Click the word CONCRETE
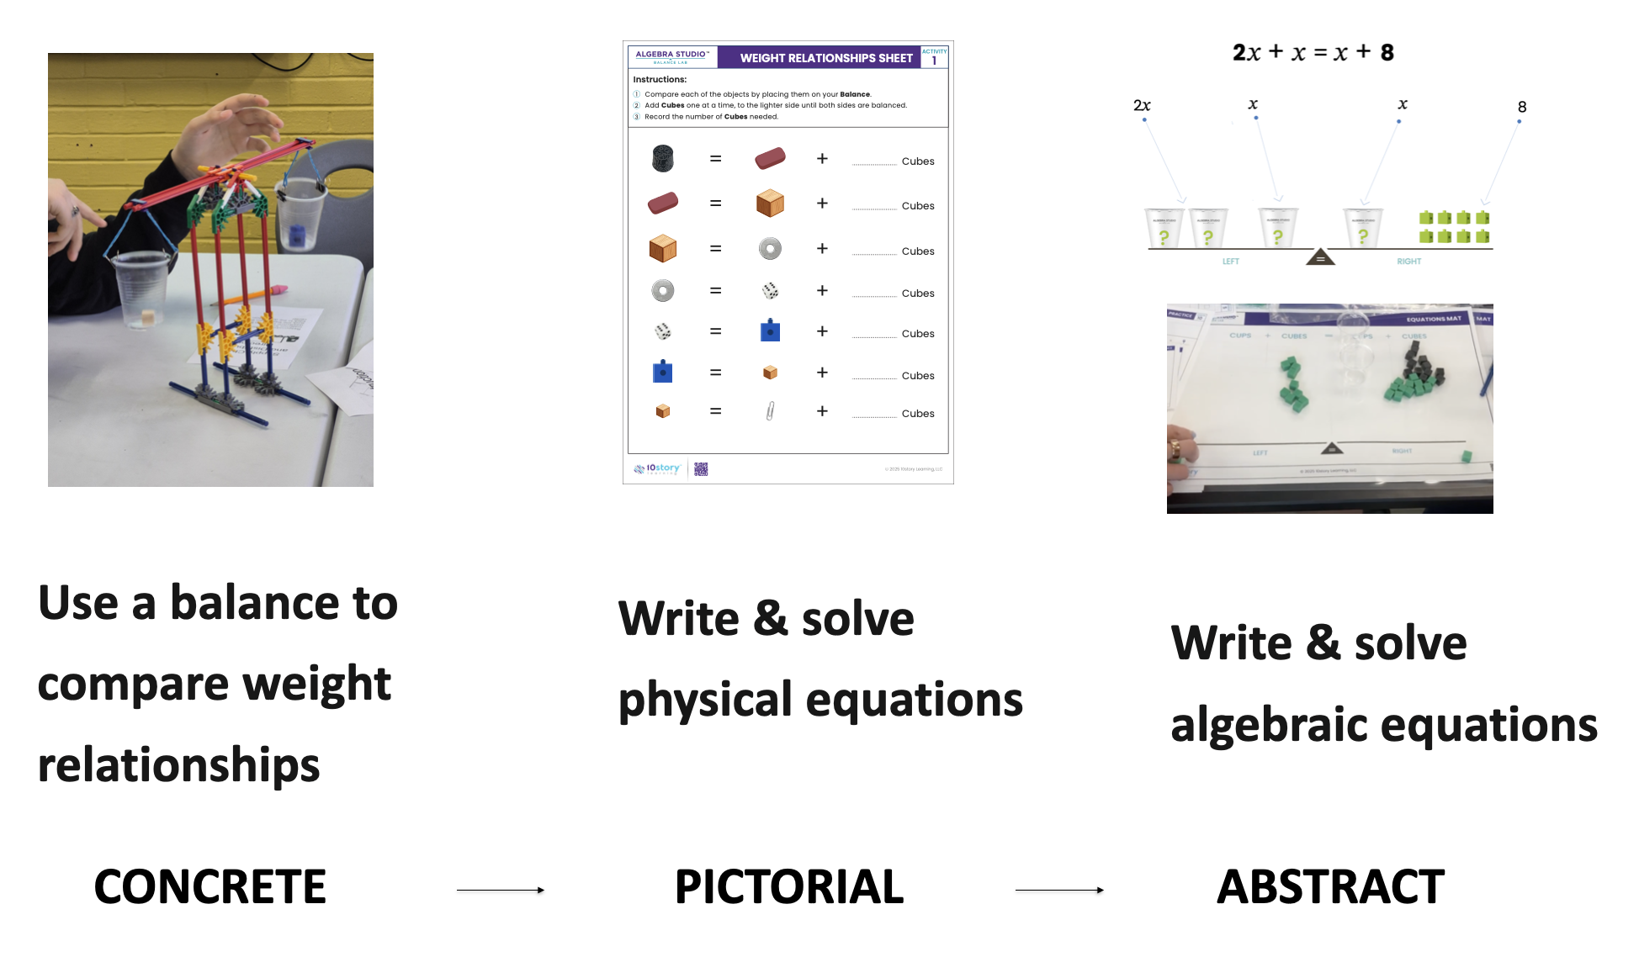(210, 887)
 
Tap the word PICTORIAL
(789, 887)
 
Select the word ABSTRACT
(1330, 887)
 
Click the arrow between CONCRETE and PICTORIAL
(501, 890)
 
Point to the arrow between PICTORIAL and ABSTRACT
(1059, 890)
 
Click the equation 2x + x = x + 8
(1313, 53)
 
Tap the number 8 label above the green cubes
(1522, 107)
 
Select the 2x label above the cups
(1142, 105)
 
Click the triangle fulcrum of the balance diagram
(1320, 256)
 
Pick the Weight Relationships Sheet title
(826, 58)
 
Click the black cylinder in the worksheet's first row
(663, 158)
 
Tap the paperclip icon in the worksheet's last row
(770, 411)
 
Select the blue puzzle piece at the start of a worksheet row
(663, 372)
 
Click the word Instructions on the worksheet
(660, 79)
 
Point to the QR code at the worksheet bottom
(701, 469)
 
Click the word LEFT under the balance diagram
(1231, 262)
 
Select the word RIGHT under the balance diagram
(1408, 262)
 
